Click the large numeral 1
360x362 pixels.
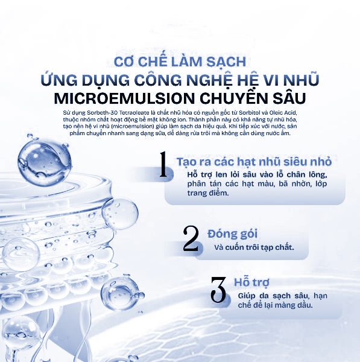pos(162,165)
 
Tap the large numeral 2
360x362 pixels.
pos(191,240)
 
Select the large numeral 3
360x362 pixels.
pos(218,291)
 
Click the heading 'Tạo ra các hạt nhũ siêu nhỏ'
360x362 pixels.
pos(253,162)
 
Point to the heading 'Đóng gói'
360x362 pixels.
pos(233,233)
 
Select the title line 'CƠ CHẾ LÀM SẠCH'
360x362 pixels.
pos(180,62)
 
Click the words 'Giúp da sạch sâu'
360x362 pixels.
pos(264,296)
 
